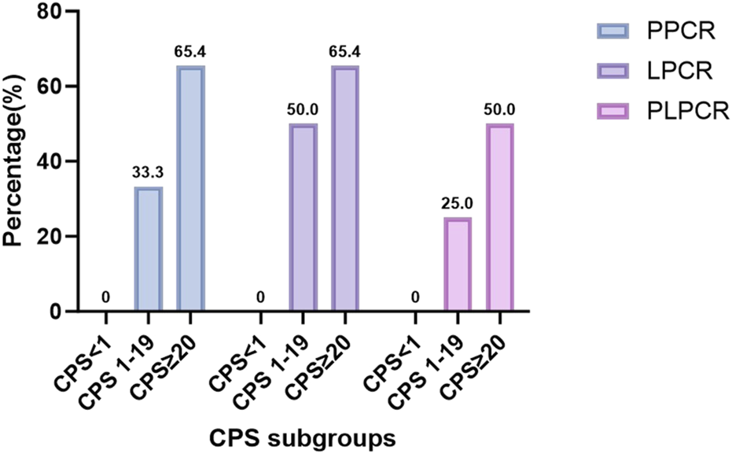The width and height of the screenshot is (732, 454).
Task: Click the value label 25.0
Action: (x=458, y=205)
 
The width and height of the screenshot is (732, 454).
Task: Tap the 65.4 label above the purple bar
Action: (x=345, y=54)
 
